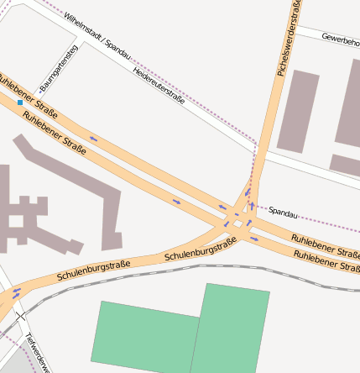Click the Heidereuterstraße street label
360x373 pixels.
point(159,87)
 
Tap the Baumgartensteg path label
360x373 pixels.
point(59,68)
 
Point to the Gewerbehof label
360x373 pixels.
point(339,39)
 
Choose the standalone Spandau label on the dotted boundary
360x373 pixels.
point(283,213)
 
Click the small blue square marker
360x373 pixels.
point(20,102)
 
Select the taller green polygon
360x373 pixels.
point(231,328)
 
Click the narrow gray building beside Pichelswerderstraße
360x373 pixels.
point(297,112)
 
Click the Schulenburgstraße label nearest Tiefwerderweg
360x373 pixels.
point(93,271)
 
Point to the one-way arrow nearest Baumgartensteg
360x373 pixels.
point(92,138)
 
